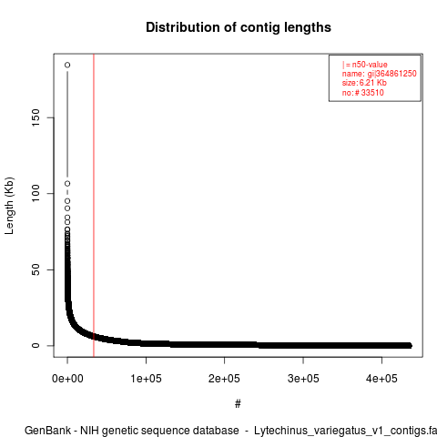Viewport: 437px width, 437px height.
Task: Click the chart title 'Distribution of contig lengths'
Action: pyautogui.click(x=239, y=27)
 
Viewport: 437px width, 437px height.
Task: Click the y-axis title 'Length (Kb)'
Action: pyautogui.click(x=9, y=206)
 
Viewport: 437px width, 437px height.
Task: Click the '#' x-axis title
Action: pyautogui.click(x=238, y=403)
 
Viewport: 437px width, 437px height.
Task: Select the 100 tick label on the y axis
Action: pyautogui.click(x=36, y=193)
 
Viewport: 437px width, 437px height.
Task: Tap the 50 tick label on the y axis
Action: pyautogui.click(x=36, y=269)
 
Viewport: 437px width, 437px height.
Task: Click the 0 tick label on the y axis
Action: pyautogui.click(x=36, y=345)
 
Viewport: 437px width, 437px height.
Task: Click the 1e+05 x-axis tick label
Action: pyautogui.click(x=146, y=379)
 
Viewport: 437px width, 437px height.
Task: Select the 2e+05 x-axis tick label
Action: pyautogui.click(x=225, y=379)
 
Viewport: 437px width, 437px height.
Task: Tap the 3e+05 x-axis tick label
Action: pyautogui.click(x=303, y=379)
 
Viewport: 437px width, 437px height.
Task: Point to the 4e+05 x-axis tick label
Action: pyautogui.click(x=381, y=379)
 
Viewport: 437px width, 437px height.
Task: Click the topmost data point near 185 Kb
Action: pyautogui.click(x=67, y=65)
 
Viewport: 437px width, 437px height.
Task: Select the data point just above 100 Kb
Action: pyautogui.click(x=67, y=184)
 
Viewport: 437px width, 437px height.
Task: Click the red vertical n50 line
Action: pyautogui.click(x=94, y=205)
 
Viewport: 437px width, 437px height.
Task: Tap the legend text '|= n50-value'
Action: pyautogui.click(x=365, y=65)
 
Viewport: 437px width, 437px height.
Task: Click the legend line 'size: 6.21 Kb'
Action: pyautogui.click(x=364, y=83)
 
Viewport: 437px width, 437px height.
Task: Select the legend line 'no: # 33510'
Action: pyautogui.click(x=363, y=92)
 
